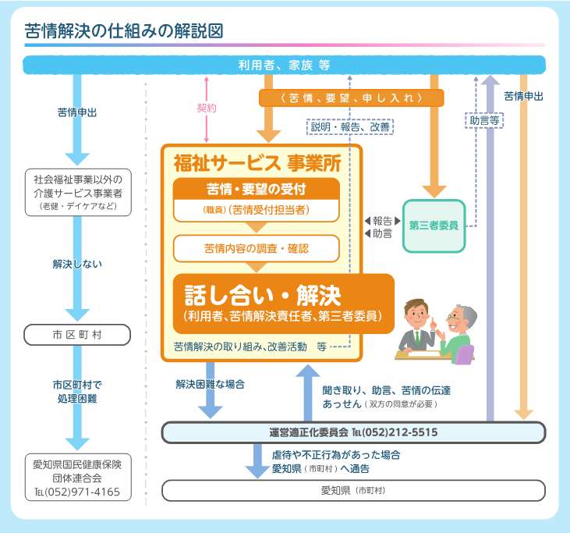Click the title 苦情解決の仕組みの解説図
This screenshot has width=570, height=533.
(x=125, y=31)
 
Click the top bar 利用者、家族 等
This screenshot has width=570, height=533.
(x=284, y=66)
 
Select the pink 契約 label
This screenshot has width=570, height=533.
(x=207, y=108)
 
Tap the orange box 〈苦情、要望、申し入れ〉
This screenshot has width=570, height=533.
(x=351, y=98)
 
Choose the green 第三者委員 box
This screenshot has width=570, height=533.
(x=434, y=226)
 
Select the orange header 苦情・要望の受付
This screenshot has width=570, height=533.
(x=257, y=188)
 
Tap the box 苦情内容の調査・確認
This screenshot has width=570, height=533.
(x=257, y=248)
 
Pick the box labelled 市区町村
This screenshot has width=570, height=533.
(x=78, y=335)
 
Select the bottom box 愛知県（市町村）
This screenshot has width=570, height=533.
(x=353, y=490)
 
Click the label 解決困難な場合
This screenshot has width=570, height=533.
(x=208, y=384)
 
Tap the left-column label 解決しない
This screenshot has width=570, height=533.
(x=78, y=264)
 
